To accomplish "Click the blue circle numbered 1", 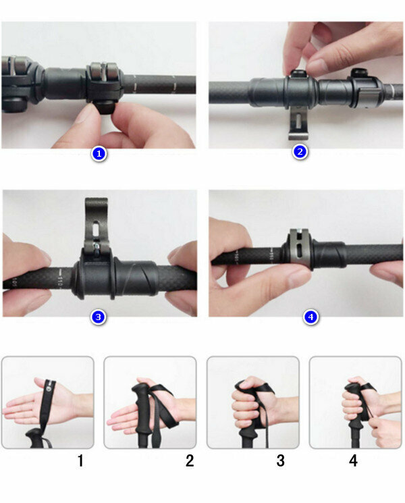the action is (99, 154).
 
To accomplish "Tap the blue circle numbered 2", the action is (300, 151).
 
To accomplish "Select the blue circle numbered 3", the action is (98, 317).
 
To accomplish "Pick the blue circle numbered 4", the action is (310, 317).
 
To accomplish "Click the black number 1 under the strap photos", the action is (80, 460).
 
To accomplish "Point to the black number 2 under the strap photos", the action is (190, 460).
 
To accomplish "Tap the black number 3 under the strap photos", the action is (280, 460).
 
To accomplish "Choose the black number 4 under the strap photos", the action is (353, 460).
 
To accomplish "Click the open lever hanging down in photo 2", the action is (298, 123).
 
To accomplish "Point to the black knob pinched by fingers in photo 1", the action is (104, 107).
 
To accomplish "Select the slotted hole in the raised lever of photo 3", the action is (96, 230).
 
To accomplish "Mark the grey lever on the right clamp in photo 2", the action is (368, 97).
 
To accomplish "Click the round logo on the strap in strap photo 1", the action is (48, 389).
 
